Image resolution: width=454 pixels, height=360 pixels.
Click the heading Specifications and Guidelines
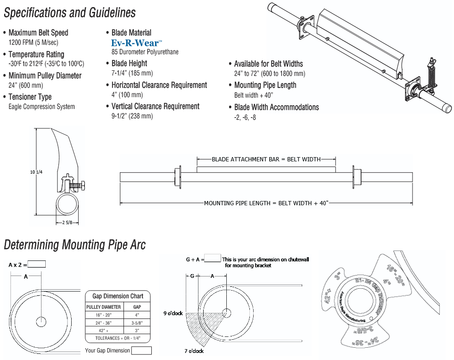(x=70, y=13)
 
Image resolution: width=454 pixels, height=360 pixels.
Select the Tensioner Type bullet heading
(x=30, y=97)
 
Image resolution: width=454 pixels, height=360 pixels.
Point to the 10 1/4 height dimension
(x=36, y=172)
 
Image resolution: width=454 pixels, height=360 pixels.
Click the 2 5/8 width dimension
(x=67, y=223)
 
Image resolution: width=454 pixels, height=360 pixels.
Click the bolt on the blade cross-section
(x=76, y=185)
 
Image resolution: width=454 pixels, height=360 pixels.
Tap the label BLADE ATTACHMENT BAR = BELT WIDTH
(x=266, y=159)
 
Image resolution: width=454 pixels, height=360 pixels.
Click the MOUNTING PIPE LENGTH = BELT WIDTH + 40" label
(x=266, y=203)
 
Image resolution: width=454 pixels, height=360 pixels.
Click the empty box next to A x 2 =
(x=37, y=264)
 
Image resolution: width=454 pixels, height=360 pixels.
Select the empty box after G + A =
(x=213, y=259)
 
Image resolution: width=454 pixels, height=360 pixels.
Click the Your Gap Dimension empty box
(x=141, y=351)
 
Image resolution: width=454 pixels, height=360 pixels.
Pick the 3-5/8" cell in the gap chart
(x=137, y=323)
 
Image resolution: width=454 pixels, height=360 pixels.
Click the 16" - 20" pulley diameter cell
(x=103, y=315)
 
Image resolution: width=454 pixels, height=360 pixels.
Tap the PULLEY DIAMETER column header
(x=103, y=307)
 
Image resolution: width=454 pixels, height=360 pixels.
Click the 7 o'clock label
(x=194, y=351)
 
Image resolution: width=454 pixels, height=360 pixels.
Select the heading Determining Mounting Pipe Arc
(x=74, y=245)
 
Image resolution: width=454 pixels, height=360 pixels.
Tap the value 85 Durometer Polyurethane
(x=145, y=52)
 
